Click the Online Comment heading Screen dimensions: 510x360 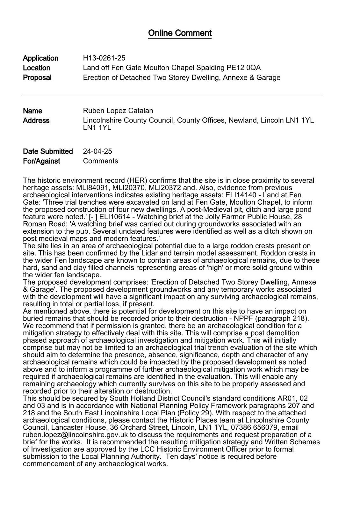click(x=180, y=33)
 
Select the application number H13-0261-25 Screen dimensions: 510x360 click(x=104, y=58)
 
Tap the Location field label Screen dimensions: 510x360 click(x=37, y=68)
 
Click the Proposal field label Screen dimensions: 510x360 click(x=37, y=77)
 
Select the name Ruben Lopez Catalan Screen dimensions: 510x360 click(x=118, y=111)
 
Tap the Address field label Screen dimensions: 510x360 click(x=36, y=120)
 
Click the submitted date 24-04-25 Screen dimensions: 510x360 click(x=97, y=151)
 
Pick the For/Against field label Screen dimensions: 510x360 click(x=41, y=161)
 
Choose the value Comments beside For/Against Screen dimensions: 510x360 click(x=100, y=161)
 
